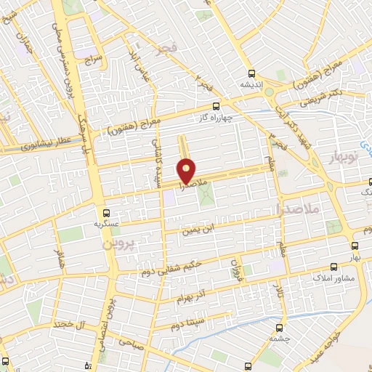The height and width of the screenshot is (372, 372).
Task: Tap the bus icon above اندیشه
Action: point(251,74)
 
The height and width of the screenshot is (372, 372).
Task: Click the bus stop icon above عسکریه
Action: point(107,213)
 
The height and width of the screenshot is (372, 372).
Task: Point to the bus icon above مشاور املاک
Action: point(333,267)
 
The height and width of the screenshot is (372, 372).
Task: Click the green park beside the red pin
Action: point(206,194)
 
